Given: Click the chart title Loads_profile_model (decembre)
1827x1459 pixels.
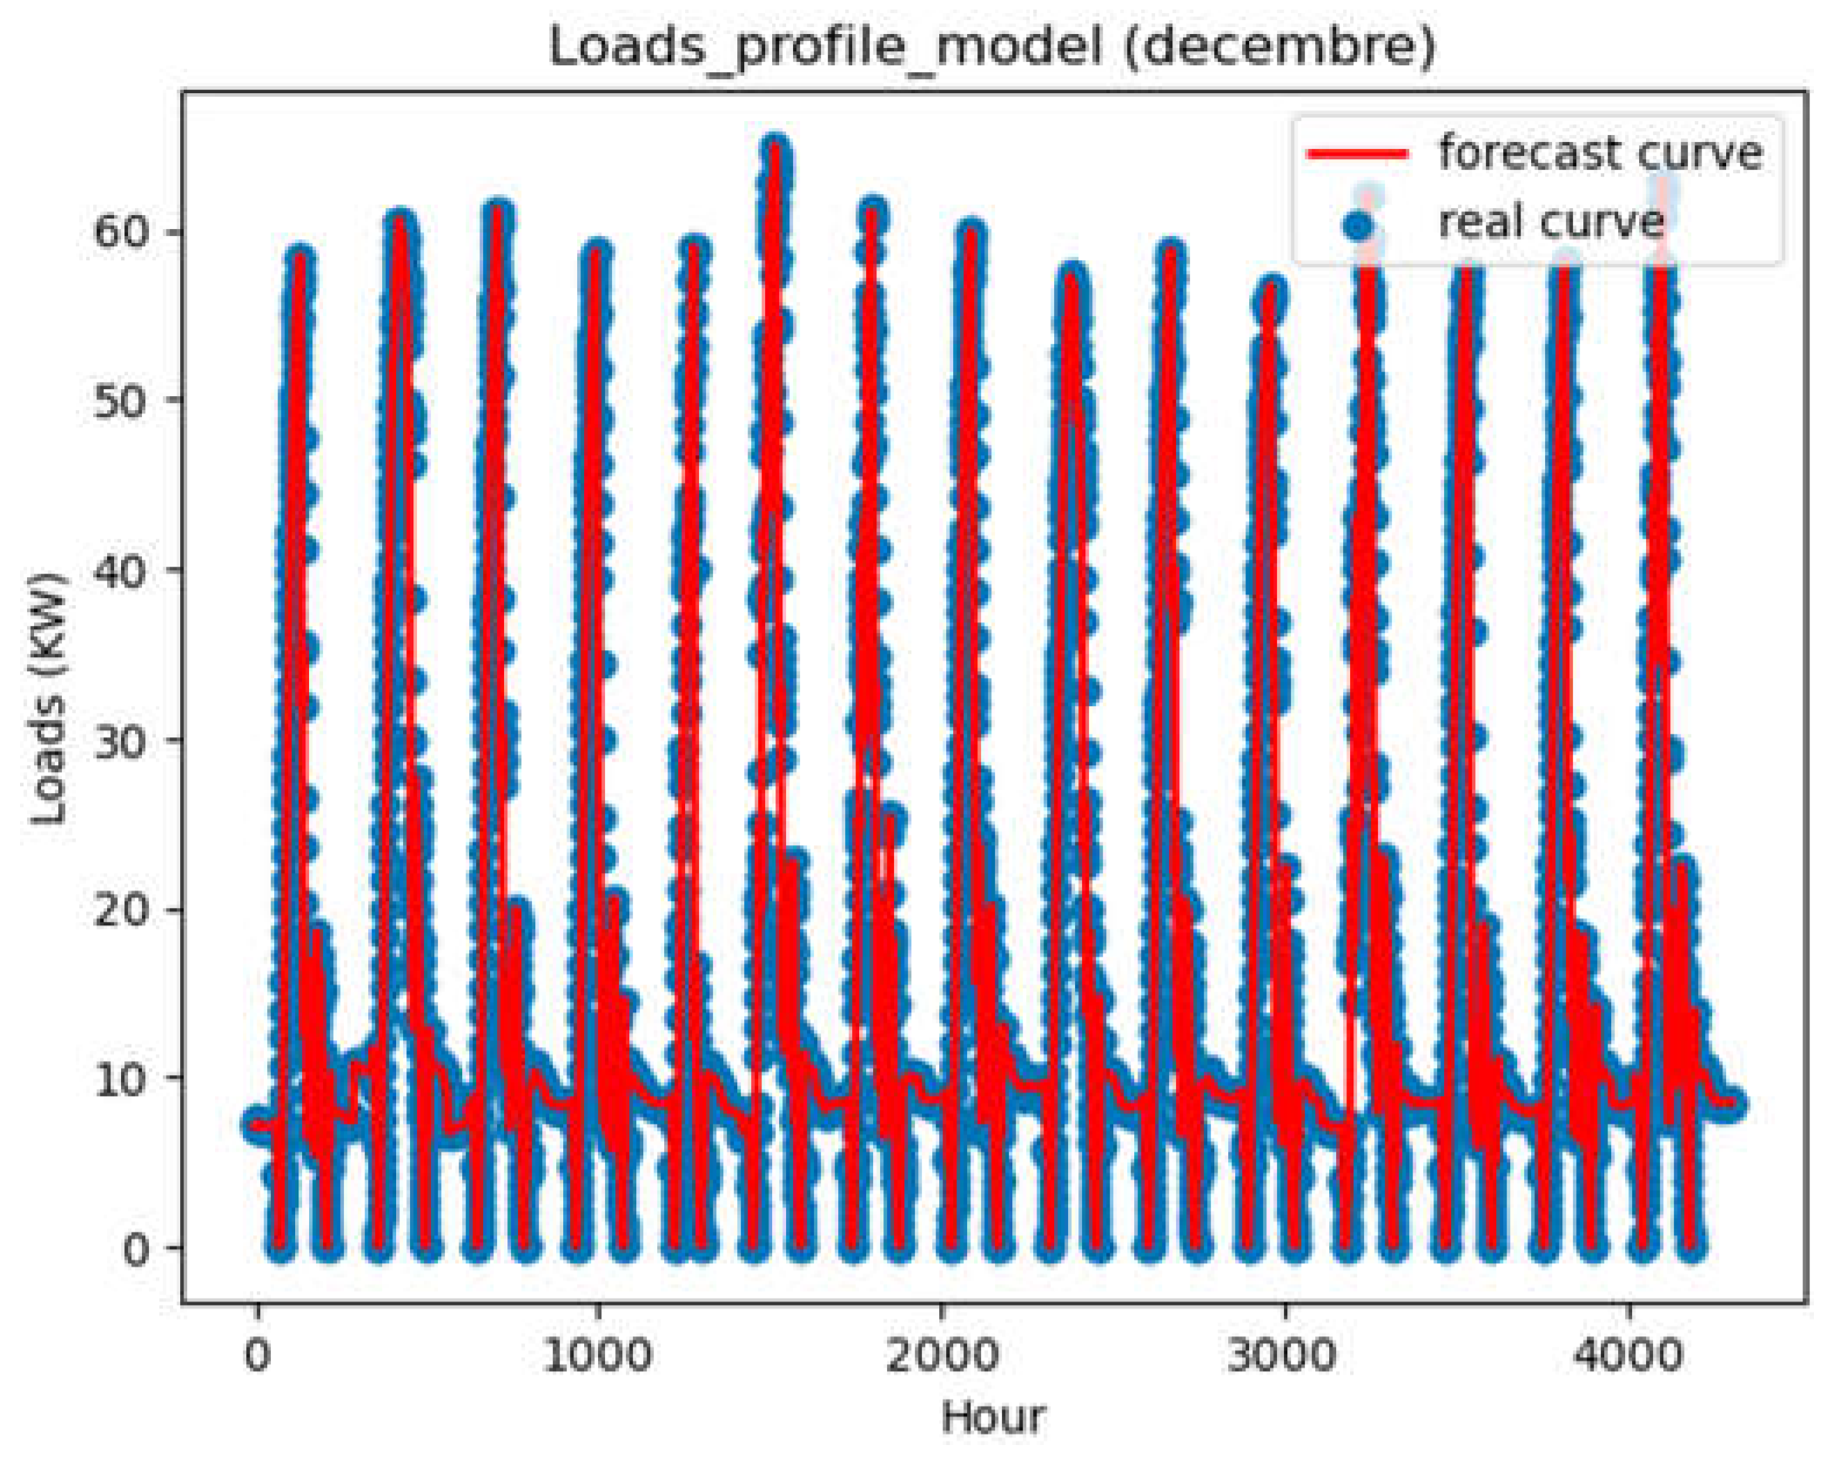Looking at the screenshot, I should pos(992,45).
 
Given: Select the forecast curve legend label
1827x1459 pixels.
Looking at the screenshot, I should pos(1600,152).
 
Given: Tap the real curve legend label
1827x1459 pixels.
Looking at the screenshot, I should pos(1551,221).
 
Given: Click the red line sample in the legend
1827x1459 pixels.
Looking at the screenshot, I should pos(1357,154).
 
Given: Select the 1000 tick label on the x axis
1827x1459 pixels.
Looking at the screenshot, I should pos(597,1355).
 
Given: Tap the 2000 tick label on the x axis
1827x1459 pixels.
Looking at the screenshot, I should pos(941,1355).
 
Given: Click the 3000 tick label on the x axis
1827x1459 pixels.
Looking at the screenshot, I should pos(1283,1355).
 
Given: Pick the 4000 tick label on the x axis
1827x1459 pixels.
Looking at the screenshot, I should pos(1627,1355).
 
